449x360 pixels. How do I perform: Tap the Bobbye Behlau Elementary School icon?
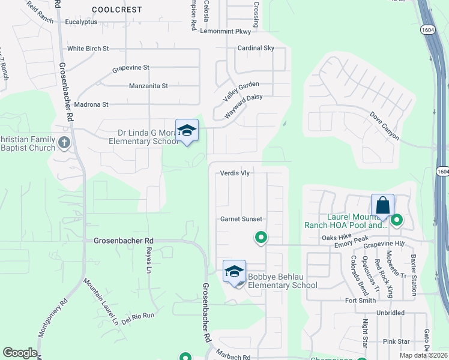235,271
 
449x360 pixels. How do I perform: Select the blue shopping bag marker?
382,206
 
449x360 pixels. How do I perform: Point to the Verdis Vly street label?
234,173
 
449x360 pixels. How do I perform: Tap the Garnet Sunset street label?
241,219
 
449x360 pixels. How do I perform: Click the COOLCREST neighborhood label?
117,10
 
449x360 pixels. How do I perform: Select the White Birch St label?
88,48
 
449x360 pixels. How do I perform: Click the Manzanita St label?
148,86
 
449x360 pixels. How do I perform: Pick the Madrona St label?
88,104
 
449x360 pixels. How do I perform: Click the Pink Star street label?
396,341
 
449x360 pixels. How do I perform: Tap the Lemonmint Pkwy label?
225,31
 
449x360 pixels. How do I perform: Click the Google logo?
20,353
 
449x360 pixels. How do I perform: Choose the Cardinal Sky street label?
256,48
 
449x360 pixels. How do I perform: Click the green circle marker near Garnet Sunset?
261,238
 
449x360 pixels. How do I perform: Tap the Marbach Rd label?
234,357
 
